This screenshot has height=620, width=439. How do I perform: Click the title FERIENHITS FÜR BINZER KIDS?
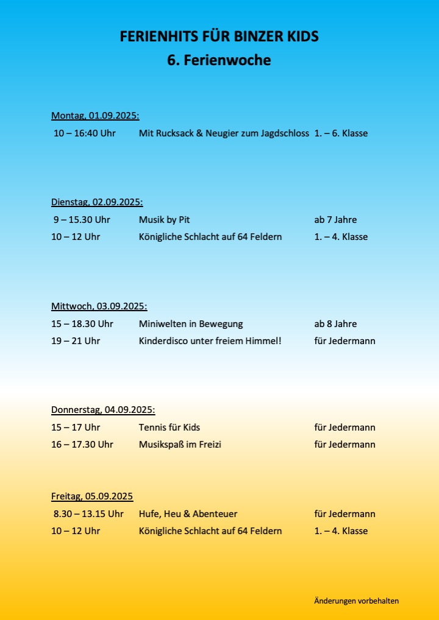[220, 37]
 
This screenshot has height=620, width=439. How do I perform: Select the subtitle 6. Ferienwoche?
[220, 61]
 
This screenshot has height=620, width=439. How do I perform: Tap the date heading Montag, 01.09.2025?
[95, 116]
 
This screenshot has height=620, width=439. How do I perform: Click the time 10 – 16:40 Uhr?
[85, 133]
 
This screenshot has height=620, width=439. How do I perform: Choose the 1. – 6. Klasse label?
[341, 133]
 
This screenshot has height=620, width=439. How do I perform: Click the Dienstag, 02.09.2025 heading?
[97, 202]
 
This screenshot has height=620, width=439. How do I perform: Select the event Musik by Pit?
[160, 219]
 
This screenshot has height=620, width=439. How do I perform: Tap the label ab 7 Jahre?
[335, 219]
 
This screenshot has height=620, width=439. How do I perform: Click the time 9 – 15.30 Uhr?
[82, 219]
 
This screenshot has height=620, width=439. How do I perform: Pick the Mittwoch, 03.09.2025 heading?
[99, 306]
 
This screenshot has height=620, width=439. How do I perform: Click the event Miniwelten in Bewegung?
[191, 323]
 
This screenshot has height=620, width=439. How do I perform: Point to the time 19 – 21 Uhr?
[76, 340]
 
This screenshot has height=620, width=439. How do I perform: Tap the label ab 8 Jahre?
[335, 323]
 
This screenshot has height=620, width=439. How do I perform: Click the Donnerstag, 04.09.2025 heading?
[103, 410]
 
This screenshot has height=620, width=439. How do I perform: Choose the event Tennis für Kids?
[170, 427]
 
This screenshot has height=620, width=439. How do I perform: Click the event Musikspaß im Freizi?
[180, 444]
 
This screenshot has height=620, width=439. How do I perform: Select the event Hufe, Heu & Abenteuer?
[188, 513]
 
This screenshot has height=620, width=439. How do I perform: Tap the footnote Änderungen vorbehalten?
[357, 601]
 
